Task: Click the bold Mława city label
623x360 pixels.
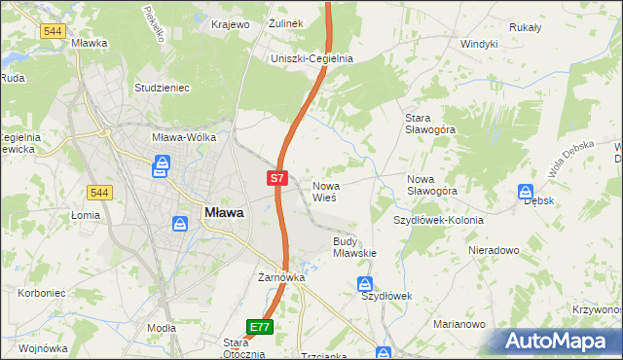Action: (x=223, y=211)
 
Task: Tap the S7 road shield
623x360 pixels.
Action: (x=276, y=178)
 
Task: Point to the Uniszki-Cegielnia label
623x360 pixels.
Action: (x=311, y=58)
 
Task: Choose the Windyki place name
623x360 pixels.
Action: (x=479, y=44)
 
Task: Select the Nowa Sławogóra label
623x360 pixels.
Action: (x=432, y=185)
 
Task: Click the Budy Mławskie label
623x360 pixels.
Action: (x=354, y=246)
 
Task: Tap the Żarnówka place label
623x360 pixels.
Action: (x=281, y=277)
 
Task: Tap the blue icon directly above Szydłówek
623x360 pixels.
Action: (x=365, y=283)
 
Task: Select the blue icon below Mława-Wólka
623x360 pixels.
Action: (x=160, y=167)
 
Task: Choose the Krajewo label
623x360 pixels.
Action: (x=231, y=23)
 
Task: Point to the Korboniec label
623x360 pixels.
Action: (x=41, y=292)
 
